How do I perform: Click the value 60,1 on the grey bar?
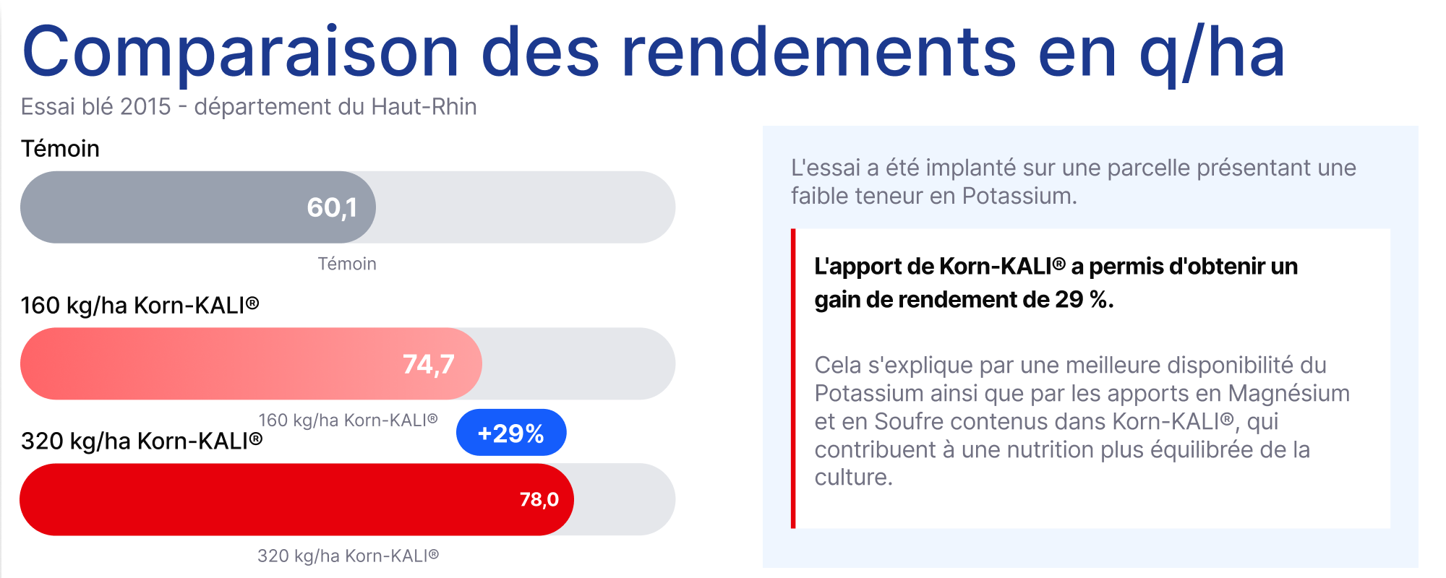332,208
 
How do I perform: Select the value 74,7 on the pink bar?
428,364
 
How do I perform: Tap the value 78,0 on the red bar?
539,499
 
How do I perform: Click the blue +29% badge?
511,433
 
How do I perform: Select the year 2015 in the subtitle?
145,107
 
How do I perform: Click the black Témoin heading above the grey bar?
60,149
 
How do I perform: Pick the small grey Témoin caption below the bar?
347,264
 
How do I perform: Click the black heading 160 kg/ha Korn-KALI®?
140,306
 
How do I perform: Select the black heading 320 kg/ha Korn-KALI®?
142,441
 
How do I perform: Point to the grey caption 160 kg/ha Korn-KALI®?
348,420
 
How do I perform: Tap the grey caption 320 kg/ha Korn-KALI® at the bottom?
348,556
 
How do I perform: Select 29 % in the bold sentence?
1082,300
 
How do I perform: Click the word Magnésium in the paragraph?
1288,394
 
